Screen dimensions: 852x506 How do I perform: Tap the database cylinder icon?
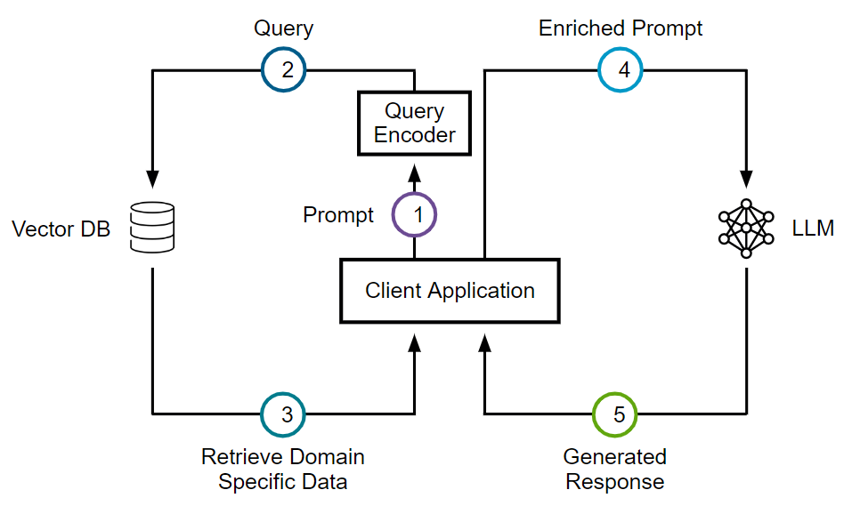coord(152,227)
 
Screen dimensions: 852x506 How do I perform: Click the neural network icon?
coord(746,228)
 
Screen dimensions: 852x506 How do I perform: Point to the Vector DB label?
coord(61,229)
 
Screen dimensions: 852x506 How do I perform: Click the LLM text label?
coord(813,228)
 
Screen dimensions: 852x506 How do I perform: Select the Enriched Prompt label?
coord(620,28)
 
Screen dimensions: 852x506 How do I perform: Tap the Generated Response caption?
coord(614,469)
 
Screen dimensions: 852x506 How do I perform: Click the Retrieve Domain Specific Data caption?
coord(282,469)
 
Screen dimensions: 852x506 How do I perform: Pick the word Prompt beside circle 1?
coord(338,215)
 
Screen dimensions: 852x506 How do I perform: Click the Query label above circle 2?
coord(283,28)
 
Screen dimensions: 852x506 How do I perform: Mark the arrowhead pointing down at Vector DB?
coord(152,179)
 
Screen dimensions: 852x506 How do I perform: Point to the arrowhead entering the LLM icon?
coord(746,179)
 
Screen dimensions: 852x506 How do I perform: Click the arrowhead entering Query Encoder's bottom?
coord(414,173)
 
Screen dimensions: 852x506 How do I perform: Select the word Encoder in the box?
coord(414,135)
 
